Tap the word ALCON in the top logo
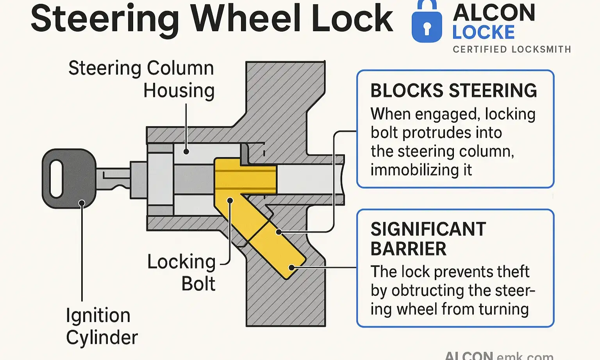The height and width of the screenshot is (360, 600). pos(494,13)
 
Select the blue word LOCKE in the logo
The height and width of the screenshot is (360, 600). pos(483,32)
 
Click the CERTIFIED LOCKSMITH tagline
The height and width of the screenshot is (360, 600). pos(512,50)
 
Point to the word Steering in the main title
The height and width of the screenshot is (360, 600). pos(105,19)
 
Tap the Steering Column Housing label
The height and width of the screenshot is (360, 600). pos(141,79)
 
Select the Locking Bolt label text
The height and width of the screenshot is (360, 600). pos(181,272)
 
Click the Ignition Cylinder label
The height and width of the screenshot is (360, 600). pos(101,326)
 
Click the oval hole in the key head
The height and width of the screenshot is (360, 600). pos(57,179)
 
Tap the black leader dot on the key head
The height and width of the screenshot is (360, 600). pos(82,203)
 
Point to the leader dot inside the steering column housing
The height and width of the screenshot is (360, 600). pos(186,152)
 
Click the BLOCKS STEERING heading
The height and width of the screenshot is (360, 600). pos(454,91)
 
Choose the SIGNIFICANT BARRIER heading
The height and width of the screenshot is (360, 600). pos(428,239)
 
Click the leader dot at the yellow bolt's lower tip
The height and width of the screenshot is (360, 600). pos(291,268)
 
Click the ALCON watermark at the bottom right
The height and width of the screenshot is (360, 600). pos(469,356)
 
